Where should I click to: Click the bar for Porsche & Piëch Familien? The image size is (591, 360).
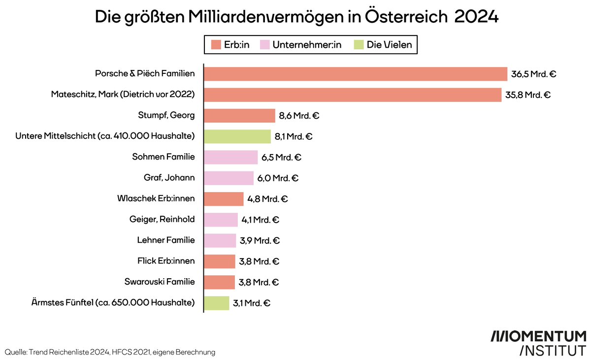(x=355, y=74)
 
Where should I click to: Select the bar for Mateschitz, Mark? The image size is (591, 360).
(x=353, y=95)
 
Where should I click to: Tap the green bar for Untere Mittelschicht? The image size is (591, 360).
(x=237, y=136)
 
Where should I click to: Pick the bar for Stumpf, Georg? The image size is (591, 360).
(x=239, y=116)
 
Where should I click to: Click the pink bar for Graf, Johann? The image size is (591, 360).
(x=229, y=178)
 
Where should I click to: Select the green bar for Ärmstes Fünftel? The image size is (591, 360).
(x=216, y=303)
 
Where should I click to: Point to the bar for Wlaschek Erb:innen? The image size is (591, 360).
(x=224, y=199)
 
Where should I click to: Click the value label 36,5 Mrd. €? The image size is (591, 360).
(x=534, y=74)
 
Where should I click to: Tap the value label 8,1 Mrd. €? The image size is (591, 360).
(x=294, y=137)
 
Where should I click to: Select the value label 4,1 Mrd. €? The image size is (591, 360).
(x=261, y=220)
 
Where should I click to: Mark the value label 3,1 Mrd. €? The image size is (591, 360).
(x=252, y=303)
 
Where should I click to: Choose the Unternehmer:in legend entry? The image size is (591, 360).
(x=301, y=45)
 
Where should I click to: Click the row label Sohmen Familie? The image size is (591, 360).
(x=164, y=157)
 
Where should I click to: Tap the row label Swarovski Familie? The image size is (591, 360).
(x=160, y=282)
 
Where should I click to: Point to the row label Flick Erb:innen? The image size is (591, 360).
(x=166, y=261)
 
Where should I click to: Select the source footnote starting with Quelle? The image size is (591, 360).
(x=110, y=352)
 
